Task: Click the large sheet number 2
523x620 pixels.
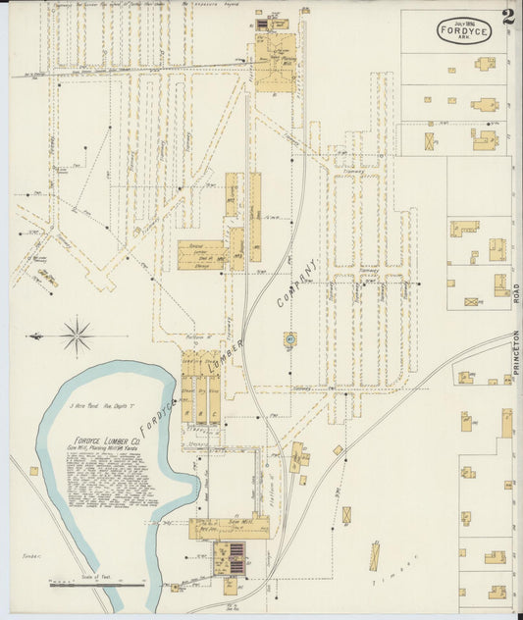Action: (x=507, y=18)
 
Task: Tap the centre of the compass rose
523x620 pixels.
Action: (x=77, y=336)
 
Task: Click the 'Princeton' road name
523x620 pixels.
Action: (x=516, y=353)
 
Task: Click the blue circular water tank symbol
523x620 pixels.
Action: (x=290, y=340)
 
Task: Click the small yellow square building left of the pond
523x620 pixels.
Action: (x=34, y=471)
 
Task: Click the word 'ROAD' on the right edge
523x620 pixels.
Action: (x=516, y=293)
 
